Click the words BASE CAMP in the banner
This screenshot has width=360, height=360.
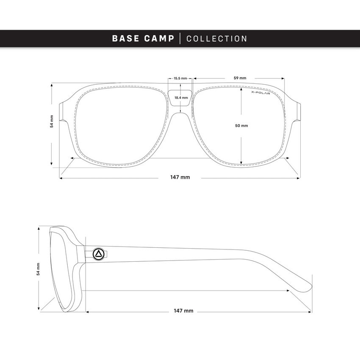143,39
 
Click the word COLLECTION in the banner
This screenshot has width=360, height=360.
217,39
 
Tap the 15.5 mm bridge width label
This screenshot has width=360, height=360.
180,78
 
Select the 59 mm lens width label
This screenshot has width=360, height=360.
240,78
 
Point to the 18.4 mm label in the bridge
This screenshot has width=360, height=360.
181,97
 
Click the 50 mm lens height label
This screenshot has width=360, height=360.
241,126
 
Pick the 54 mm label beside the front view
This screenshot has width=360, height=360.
52,122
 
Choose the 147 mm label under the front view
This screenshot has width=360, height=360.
180,177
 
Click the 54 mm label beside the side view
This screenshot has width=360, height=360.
38,269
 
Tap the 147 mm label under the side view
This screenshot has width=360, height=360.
183,311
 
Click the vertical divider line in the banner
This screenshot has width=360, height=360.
180,39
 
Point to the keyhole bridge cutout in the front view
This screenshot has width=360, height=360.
180,98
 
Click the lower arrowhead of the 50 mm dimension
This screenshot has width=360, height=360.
241,163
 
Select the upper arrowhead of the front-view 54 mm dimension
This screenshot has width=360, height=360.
51,86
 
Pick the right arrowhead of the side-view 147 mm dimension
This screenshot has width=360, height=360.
310,312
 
